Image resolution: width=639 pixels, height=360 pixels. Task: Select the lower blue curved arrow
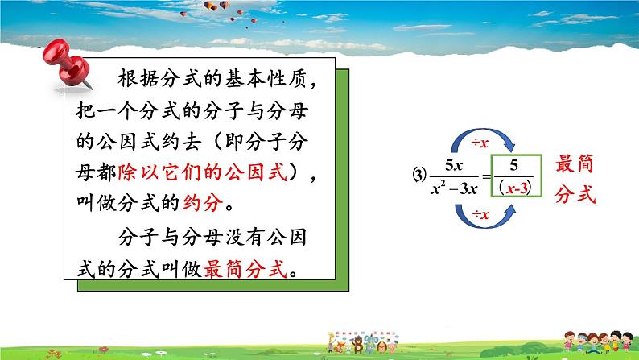[482, 226]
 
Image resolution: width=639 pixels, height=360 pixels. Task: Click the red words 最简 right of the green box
[575, 166]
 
